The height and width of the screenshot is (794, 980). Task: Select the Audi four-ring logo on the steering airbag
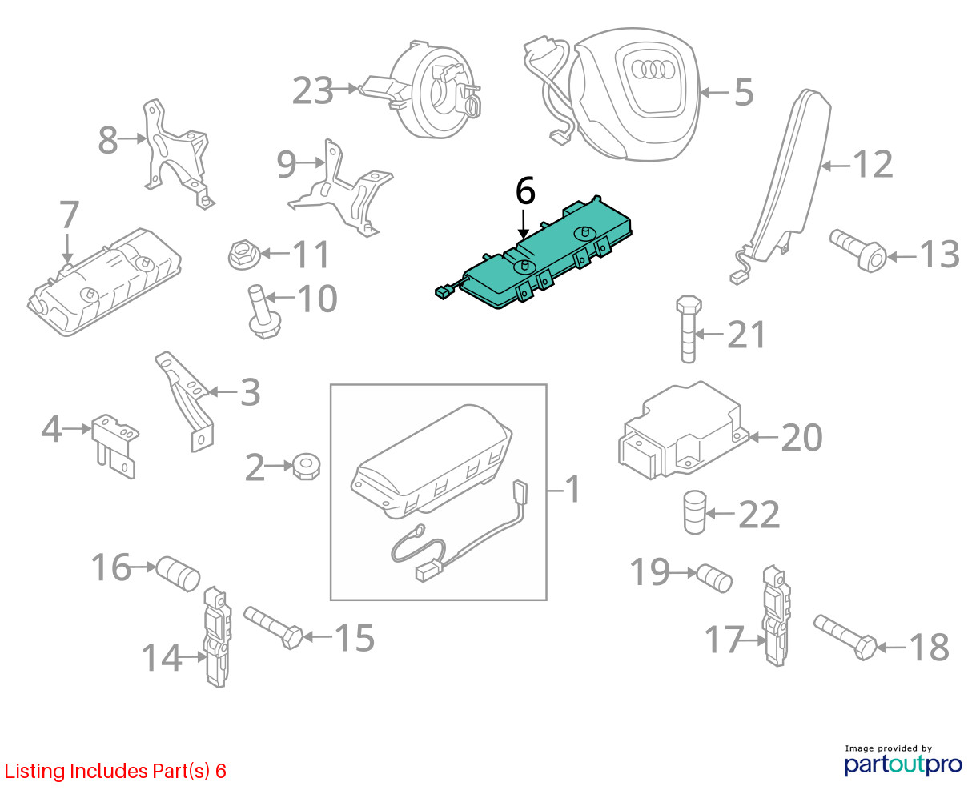pos(653,70)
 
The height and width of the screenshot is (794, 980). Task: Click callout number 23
pos(312,90)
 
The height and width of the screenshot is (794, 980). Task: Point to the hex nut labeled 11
pos(244,255)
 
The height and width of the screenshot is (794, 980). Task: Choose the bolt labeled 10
pos(263,312)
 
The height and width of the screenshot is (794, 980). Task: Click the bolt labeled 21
pos(689,330)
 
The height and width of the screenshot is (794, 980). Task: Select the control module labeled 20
pos(683,430)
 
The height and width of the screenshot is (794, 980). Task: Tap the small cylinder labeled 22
pos(694,512)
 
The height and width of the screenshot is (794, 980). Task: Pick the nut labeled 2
pos(307,467)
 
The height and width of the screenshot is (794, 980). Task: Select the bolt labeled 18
pos(845,637)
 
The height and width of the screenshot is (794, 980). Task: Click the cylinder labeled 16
pos(178,574)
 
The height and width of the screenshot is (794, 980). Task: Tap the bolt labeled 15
pos(273,628)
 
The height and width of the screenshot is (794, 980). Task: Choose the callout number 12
pos(873,164)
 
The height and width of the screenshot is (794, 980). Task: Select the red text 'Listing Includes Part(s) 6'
pos(115,771)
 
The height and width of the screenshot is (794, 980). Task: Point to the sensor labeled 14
pos(217,636)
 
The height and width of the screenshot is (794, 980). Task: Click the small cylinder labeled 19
pos(713,578)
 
